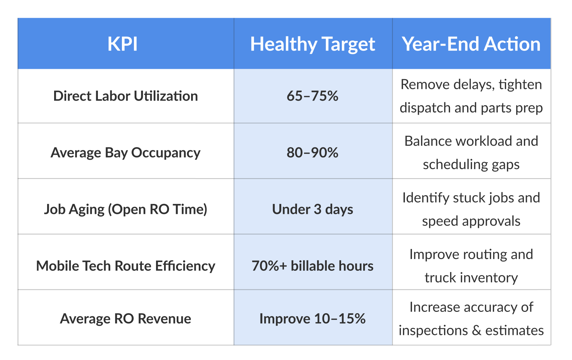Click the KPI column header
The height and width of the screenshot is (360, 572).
122,44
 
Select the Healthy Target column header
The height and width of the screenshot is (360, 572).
313,44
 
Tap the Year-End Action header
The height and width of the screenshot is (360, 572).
471,44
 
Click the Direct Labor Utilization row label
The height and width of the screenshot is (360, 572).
126,96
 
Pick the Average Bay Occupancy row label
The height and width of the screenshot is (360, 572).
126,153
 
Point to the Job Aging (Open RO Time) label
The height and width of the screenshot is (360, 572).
126,210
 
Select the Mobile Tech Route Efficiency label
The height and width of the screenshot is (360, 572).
126,266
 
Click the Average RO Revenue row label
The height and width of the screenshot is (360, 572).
126,319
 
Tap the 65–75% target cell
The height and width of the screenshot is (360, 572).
313,96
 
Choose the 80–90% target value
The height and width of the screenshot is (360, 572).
313,153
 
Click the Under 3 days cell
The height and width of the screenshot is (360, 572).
313,210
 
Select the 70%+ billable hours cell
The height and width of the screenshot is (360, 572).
313,266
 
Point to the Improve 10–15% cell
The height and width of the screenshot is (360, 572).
313,319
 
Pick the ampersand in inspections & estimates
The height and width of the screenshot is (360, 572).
477,331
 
